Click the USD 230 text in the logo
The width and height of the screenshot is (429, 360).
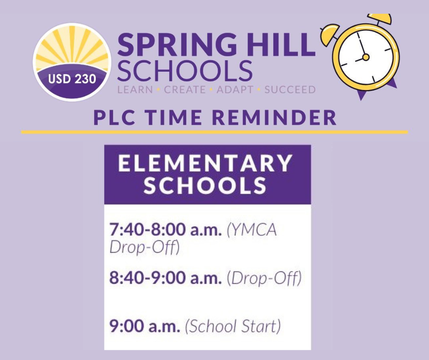72,79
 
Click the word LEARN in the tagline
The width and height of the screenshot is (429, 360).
135,90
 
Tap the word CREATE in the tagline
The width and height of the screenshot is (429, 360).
185,90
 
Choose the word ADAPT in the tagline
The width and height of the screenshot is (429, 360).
235,90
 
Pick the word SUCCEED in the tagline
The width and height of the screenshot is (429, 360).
290,90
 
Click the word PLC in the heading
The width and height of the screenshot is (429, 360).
113,118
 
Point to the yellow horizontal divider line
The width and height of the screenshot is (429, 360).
214,132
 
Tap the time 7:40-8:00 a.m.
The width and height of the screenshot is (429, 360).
166,230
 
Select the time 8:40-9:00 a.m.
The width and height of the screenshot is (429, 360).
166,278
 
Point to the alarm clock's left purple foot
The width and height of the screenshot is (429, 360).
362,95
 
